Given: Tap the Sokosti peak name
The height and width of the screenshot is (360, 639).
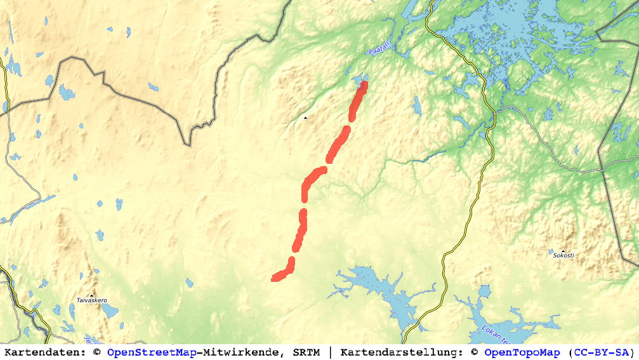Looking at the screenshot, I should coord(563,255).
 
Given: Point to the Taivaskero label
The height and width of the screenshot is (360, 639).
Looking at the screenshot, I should coord(91,300).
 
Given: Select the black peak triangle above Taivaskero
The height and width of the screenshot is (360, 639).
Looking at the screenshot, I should coord(91,295).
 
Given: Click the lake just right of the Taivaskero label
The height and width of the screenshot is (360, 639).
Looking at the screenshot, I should coord(110,310).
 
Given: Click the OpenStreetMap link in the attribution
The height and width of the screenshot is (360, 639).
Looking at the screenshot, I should coord(152,352).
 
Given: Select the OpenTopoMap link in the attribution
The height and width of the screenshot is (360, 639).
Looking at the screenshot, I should coord(522,352).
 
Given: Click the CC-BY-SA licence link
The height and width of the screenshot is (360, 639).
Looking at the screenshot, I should coord(600,352).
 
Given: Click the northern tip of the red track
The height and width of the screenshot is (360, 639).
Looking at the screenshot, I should coord(364,84).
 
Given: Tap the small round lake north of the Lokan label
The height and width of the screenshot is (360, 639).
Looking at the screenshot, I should coord(485,291).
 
